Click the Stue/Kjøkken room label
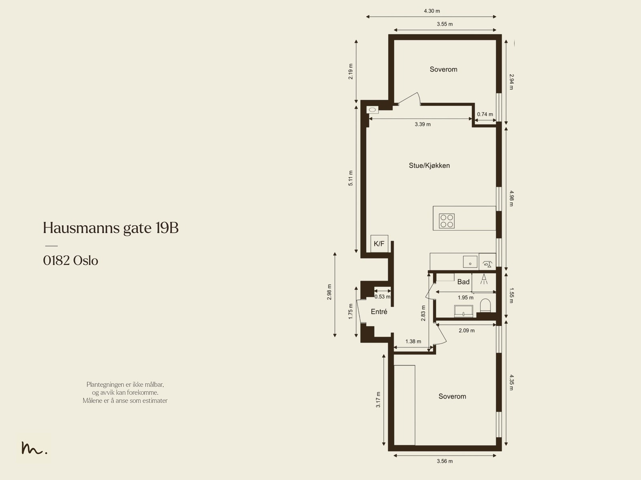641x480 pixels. pyautogui.click(x=429, y=165)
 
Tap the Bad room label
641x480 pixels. pyautogui.click(x=463, y=282)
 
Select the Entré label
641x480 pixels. pyautogui.click(x=379, y=312)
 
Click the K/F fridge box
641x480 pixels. pyautogui.click(x=379, y=244)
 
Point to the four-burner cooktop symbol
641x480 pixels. pyautogui.click(x=447, y=221)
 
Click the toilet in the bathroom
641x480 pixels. pyautogui.click(x=485, y=305)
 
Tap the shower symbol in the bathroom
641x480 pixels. pyautogui.click(x=484, y=279)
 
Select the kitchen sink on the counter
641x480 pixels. pyautogui.click(x=470, y=262)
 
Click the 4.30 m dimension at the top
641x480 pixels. pyautogui.click(x=431, y=11)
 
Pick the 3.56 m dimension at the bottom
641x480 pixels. pyautogui.click(x=445, y=461)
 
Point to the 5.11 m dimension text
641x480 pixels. pyautogui.click(x=351, y=178)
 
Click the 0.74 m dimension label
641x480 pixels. pyautogui.click(x=485, y=114)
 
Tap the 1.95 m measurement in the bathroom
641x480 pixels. pyautogui.click(x=466, y=298)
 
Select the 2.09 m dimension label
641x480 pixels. pyautogui.click(x=466, y=331)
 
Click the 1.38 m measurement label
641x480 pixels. pyautogui.click(x=413, y=341)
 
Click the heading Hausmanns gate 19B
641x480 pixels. pyautogui.click(x=111, y=228)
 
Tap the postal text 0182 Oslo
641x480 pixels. pyautogui.click(x=71, y=260)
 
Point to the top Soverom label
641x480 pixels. pyautogui.click(x=443, y=69)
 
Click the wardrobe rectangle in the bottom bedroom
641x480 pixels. pyautogui.click(x=405, y=405)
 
